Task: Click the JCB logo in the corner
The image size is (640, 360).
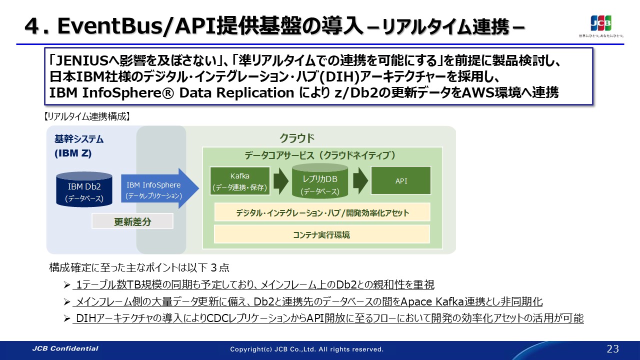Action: [601, 23]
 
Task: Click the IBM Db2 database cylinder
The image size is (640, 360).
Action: [84, 189]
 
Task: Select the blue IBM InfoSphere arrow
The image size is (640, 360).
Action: [159, 188]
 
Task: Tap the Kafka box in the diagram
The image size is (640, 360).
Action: [240, 181]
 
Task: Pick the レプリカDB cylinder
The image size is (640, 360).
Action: [320, 181]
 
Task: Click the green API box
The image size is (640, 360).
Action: [401, 180]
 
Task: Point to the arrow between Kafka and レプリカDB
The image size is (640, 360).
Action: [281, 181]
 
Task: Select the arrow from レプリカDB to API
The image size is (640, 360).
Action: [360, 181]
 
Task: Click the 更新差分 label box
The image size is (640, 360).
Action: [132, 221]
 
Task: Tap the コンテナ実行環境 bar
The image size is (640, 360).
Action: [321, 234]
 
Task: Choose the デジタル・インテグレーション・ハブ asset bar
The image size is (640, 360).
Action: [322, 212]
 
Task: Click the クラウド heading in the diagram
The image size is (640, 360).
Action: [297, 138]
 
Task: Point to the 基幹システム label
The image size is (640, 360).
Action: [79, 139]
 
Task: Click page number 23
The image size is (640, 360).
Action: [612, 349]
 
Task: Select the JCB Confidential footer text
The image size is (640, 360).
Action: [65, 348]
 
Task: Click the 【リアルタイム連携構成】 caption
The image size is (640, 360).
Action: [87, 116]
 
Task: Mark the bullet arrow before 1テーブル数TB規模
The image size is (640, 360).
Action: [67, 285]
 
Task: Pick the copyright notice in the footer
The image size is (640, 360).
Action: [307, 349]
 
